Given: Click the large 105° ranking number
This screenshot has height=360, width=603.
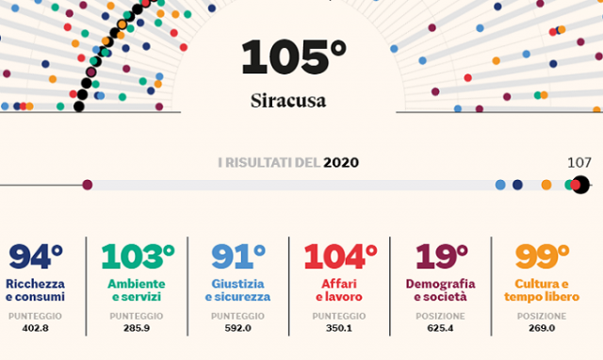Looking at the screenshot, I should pyautogui.click(x=294, y=57).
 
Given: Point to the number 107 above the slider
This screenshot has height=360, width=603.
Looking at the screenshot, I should pyautogui.click(x=579, y=162).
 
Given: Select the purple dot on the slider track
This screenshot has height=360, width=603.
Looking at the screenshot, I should pyautogui.click(x=88, y=185).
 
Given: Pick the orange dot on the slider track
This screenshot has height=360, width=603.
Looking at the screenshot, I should pyautogui.click(x=546, y=185).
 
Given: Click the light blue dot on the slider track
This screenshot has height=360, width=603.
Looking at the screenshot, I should pyautogui.click(x=500, y=185).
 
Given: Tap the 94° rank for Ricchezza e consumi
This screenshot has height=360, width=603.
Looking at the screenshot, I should pyautogui.click(x=36, y=256).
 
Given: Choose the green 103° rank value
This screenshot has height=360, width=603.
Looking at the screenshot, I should pyautogui.click(x=138, y=256).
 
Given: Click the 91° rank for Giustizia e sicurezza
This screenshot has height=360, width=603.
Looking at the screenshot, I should pyautogui.click(x=237, y=256).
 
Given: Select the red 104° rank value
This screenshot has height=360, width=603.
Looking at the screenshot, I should pyautogui.click(x=340, y=256).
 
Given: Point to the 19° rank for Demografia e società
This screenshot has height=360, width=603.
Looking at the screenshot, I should pyautogui.click(x=442, y=256).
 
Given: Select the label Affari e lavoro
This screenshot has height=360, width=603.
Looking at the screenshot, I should pyautogui.click(x=339, y=290).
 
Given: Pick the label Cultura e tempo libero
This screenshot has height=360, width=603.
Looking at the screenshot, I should pyautogui.click(x=546, y=290).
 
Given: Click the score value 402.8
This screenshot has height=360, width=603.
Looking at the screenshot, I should pyautogui.click(x=35, y=329).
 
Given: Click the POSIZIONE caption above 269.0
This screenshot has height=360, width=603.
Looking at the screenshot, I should pyautogui.click(x=542, y=316).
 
